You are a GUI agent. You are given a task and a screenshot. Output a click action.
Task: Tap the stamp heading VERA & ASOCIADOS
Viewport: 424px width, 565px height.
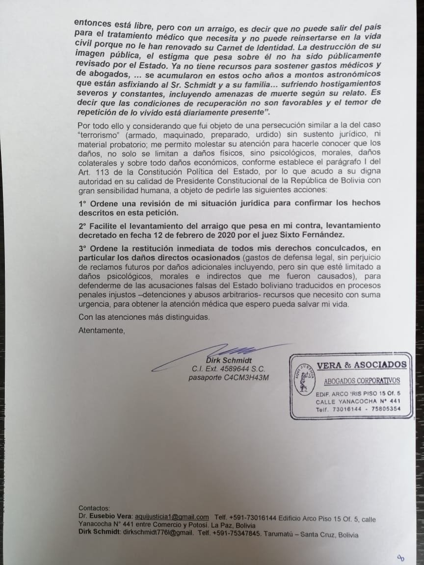point(362,364)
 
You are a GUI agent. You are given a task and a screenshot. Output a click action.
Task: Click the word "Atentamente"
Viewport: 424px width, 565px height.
point(102,331)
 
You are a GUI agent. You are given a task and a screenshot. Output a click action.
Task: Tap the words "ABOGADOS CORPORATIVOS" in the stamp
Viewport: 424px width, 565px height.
point(362,381)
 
